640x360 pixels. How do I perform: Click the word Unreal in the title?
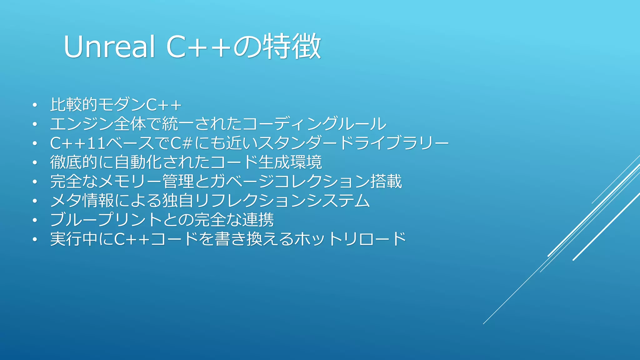tap(109, 47)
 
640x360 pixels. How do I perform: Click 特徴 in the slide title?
tap(292, 47)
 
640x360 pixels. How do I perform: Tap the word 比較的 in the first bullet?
tap(74, 104)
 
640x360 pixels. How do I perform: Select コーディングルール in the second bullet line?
tap(314, 124)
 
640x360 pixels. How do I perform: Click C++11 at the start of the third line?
tap(78, 143)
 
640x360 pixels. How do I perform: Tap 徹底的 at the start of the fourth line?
tap(74, 162)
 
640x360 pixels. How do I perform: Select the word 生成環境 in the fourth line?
tap(290, 162)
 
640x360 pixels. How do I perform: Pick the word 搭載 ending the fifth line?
tap(386, 182)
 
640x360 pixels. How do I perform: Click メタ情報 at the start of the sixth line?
tap(82, 201)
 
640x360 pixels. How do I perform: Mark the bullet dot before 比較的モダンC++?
tap(35, 105)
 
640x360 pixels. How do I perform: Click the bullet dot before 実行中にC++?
tap(35, 240)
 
